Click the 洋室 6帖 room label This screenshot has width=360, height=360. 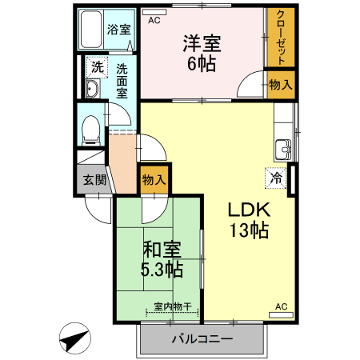[x=202, y=54]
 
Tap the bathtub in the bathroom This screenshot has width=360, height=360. [x=93, y=30]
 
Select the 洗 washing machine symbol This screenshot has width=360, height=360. [x=97, y=66]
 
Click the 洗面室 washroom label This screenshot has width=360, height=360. [x=122, y=80]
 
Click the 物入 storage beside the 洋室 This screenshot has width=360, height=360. [x=280, y=84]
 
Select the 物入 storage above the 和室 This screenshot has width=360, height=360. [x=153, y=180]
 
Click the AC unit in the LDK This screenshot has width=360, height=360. [x=281, y=312]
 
